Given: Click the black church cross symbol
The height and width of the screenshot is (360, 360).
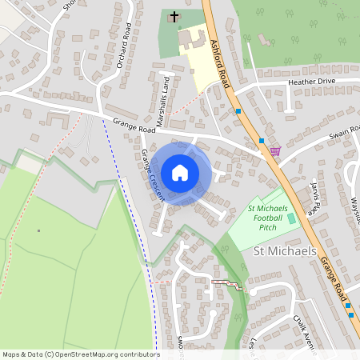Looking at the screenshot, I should tap(174, 15).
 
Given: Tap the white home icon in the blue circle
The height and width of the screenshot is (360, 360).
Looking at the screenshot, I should tap(180, 172).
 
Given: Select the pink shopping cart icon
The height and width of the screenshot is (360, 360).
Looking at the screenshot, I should tap(275, 150).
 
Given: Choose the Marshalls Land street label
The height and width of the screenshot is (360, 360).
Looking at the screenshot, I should tap(162, 102).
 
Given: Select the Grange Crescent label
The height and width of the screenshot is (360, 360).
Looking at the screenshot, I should tap(152, 174).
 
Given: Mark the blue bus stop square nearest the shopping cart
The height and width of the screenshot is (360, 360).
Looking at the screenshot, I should tap(262, 142).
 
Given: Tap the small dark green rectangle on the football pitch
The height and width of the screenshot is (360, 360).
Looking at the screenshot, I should tap(291, 218).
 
